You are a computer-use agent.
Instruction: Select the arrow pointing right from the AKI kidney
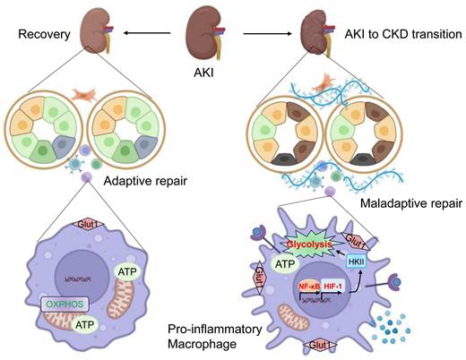click(269, 35)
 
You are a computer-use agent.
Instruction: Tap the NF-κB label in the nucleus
click(307, 287)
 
